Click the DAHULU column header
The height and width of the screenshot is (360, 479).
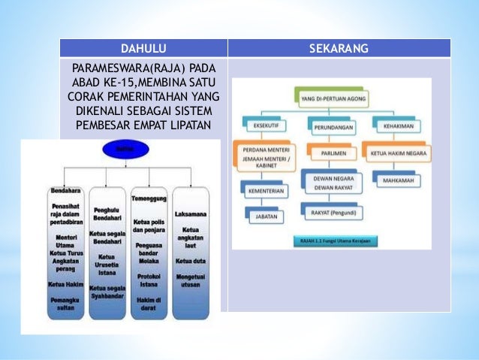tap(143, 49)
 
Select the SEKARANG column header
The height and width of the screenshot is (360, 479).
tap(339, 49)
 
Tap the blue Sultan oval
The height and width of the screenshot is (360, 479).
tap(123, 150)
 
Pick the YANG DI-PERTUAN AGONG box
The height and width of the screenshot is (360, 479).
tap(332, 98)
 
